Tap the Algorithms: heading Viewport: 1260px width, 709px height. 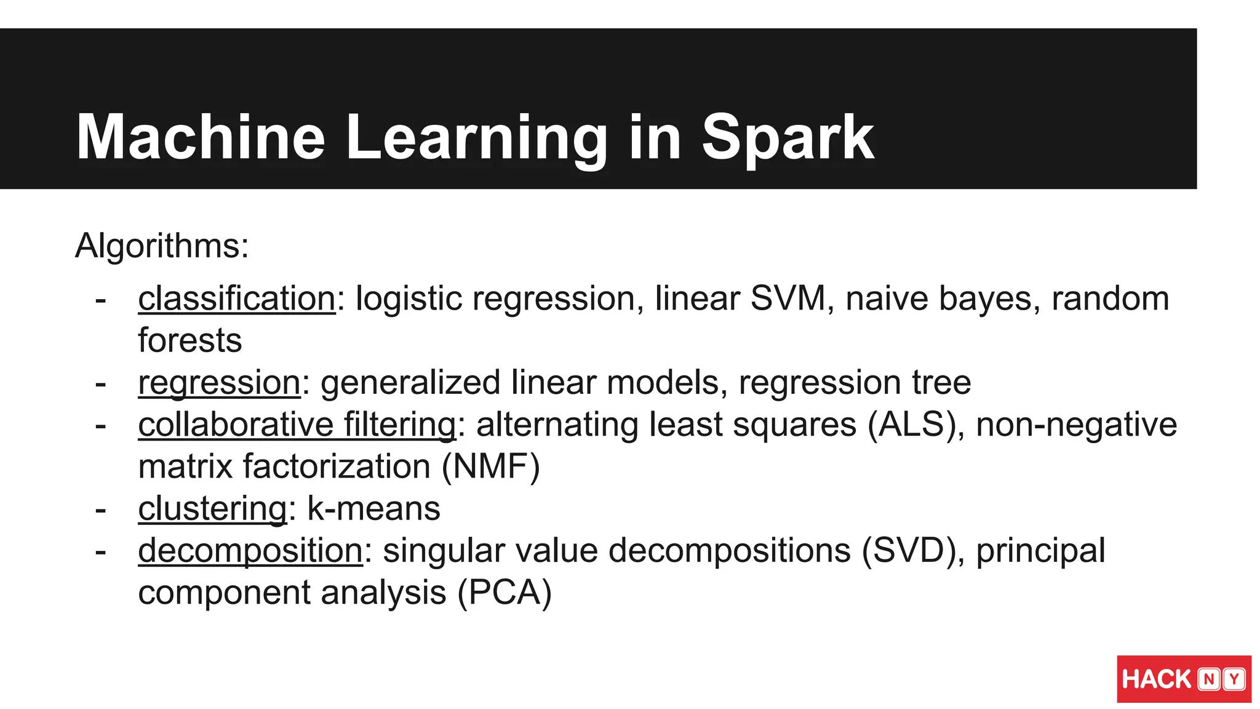(162, 246)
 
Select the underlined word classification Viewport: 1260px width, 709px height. (237, 299)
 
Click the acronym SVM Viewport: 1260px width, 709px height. (787, 299)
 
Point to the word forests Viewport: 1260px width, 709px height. (190, 341)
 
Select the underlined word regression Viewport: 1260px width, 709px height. (219, 383)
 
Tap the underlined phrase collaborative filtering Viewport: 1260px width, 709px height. (297, 425)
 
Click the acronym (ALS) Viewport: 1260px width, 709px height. (915, 425)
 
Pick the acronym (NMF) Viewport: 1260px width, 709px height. (490, 467)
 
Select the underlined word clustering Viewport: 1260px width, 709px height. (212, 509)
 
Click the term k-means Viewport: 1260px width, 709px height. (373, 509)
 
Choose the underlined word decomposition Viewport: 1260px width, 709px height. (250, 551)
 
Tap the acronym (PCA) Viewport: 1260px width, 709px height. (504, 593)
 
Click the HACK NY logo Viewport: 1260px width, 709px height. (1184, 679)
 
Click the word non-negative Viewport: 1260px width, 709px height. (1076, 425)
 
